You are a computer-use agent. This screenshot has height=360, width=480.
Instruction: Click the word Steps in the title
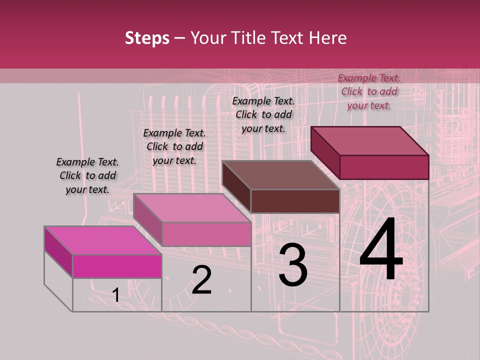click(x=147, y=38)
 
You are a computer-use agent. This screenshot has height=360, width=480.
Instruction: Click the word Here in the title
click(x=328, y=38)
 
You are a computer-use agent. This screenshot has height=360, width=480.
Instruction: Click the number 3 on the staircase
click(x=293, y=265)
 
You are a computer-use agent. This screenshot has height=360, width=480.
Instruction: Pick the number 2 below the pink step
click(x=201, y=280)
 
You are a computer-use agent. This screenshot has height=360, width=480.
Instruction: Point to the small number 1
click(x=116, y=295)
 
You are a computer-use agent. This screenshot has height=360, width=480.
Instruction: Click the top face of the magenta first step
click(x=103, y=240)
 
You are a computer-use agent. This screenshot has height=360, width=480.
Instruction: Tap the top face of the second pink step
click(x=192, y=208)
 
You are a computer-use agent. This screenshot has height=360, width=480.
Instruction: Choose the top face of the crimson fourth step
click(x=370, y=141)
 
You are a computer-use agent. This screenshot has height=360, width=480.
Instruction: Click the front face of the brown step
click(x=295, y=201)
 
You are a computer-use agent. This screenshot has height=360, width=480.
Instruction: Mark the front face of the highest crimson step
click(x=384, y=167)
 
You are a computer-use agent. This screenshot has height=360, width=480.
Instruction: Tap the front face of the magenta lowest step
click(x=117, y=266)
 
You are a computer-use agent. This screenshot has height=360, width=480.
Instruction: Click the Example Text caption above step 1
click(x=87, y=175)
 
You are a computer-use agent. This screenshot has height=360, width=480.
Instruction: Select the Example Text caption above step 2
click(x=174, y=146)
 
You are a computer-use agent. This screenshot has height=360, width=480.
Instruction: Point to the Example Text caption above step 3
click(x=263, y=114)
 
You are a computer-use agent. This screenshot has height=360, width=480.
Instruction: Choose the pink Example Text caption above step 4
click(x=369, y=91)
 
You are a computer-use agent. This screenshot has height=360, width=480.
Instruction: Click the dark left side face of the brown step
click(x=236, y=186)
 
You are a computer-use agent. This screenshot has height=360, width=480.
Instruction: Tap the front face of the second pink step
click(x=206, y=234)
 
